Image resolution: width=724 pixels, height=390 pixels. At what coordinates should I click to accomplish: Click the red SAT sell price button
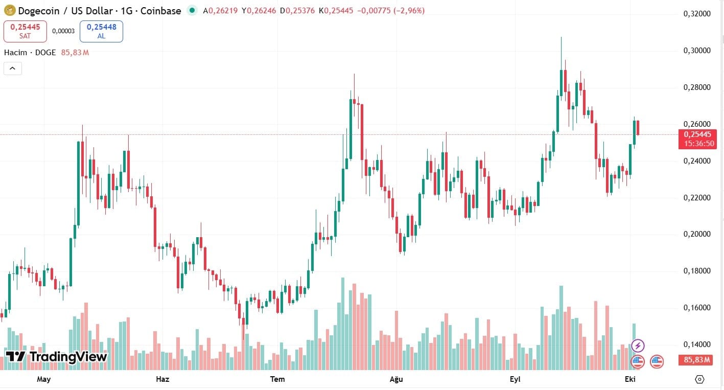[25, 31]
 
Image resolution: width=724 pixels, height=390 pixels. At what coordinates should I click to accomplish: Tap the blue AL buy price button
[101, 31]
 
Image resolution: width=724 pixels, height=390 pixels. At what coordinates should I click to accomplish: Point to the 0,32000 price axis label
[697, 14]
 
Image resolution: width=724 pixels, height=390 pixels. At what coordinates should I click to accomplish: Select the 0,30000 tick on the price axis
[697, 51]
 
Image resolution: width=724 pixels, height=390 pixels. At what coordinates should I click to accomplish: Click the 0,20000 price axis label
[697, 234]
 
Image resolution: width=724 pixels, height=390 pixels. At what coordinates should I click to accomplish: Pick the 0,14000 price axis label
[697, 345]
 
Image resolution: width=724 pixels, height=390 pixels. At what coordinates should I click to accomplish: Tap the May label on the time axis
[44, 379]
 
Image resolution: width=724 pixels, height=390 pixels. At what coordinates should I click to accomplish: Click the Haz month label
[162, 379]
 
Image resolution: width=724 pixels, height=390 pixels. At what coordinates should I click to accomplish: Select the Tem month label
[277, 379]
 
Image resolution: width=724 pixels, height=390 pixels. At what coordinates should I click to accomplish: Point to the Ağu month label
[396, 379]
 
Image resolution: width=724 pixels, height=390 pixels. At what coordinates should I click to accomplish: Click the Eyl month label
[515, 379]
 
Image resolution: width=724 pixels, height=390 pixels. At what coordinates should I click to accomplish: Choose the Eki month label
[630, 379]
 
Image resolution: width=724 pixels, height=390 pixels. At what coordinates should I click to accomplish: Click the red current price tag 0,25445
[697, 134]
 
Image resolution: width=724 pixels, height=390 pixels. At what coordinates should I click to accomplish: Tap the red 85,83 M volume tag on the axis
[697, 360]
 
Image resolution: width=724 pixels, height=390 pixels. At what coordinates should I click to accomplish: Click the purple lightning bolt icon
[638, 346]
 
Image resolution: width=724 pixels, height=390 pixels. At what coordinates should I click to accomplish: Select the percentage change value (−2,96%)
[409, 10]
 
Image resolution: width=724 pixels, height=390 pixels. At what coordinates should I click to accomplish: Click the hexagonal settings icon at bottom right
[700, 379]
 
